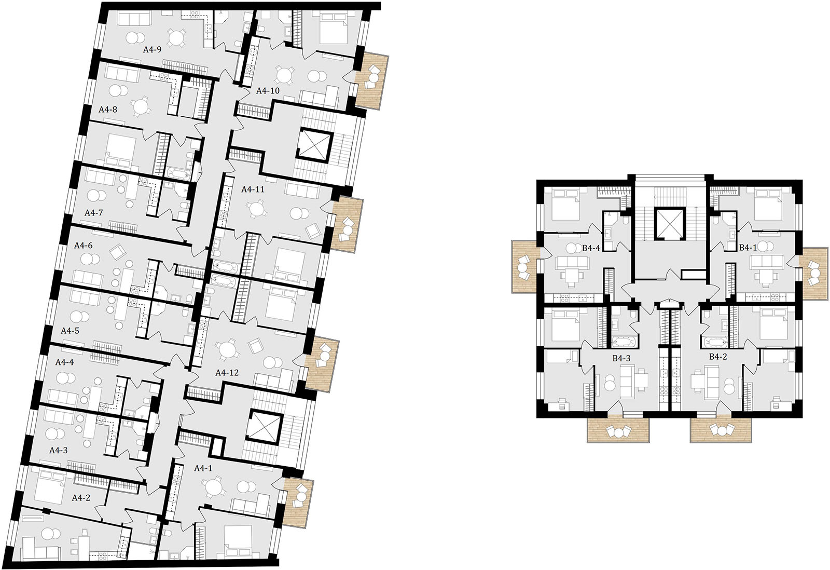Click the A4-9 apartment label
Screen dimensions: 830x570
pos(153,49)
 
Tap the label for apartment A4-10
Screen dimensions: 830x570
pos(268,91)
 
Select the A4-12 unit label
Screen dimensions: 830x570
pos(227,373)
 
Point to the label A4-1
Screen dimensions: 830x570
pos(203,468)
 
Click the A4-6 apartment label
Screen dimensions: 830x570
pos(84,246)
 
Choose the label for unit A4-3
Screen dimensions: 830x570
pos(59,450)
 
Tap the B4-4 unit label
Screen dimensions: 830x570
pos(591,248)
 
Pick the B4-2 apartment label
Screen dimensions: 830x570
pos(718,357)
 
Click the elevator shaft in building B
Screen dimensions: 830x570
pos(669,224)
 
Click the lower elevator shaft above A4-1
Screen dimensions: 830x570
pos(264,427)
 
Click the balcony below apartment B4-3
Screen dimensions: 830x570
pos(618,430)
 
